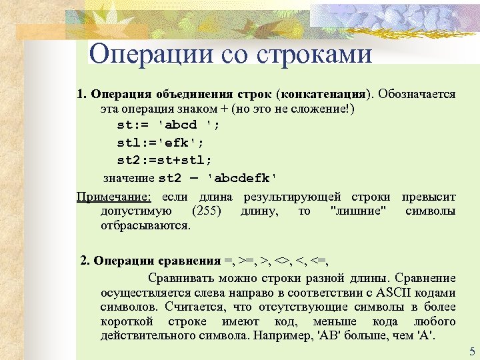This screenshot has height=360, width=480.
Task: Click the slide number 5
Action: click(472, 352)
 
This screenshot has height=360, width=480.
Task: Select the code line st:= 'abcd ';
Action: click(168, 125)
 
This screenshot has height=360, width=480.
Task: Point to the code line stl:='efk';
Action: click(161, 143)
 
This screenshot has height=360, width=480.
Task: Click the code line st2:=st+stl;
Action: click(165, 160)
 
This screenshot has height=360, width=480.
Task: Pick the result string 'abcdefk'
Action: click(242, 178)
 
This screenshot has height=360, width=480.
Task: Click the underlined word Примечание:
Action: click(114, 197)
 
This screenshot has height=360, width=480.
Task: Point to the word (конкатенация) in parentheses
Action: click(323, 94)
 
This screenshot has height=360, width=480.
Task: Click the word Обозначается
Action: click(417, 94)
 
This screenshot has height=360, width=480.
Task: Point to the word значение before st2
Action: click(129, 178)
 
